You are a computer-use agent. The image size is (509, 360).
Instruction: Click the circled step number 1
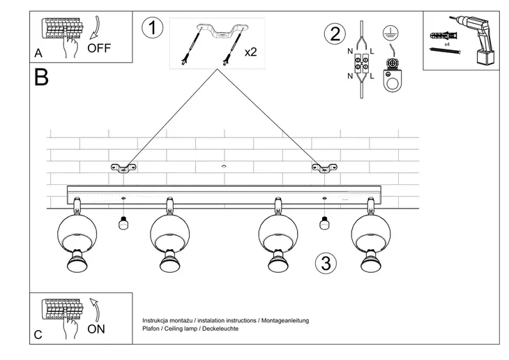click(x=151, y=29)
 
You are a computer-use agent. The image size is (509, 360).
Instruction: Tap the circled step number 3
click(x=325, y=264)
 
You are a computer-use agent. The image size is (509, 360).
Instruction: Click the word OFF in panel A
click(x=98, y=48)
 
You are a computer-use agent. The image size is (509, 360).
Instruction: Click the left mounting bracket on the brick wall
click(x=123, y=167)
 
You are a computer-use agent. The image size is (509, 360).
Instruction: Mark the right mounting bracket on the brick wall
click(x=324, y=167)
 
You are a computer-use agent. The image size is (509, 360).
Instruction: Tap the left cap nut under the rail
click(x=123, y=223)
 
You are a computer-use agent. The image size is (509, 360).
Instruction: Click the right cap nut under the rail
click(x=324, y=223)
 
